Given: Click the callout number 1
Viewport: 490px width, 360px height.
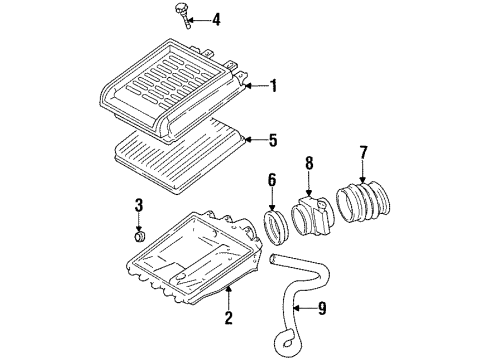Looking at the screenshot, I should (x=271, y=87).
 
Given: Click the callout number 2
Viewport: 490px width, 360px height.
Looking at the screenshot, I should (x=228, y=319).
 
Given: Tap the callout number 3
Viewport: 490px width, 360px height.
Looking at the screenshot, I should (x=140, y=207).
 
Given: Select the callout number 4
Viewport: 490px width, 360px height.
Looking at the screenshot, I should (x=216, y=18).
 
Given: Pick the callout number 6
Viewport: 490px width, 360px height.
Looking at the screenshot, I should (x=272, y=179).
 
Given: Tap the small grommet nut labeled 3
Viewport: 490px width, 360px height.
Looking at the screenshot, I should (x=141, y=238).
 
